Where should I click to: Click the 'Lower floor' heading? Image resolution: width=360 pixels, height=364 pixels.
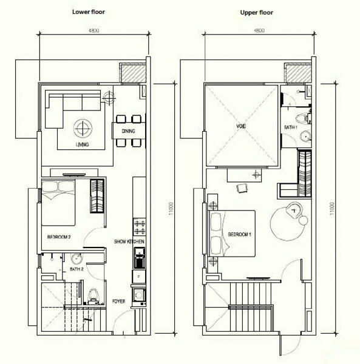88,12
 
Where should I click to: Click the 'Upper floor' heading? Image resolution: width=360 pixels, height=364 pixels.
256,12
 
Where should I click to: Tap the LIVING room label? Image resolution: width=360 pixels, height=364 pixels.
83,144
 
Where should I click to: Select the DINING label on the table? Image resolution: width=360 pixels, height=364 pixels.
129,131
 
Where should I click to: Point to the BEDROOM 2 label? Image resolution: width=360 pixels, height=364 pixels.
59,237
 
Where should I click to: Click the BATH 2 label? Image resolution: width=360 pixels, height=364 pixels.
76,269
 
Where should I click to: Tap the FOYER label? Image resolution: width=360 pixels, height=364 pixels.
118,302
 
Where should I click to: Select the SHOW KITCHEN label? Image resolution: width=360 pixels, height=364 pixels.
129,241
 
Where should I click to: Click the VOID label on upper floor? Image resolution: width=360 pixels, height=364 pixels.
241,126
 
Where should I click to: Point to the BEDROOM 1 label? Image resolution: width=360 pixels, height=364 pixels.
239,234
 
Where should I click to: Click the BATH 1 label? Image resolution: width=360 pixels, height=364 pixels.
291,127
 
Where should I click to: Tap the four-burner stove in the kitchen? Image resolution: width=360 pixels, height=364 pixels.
140,227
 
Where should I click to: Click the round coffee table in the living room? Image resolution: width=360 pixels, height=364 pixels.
83,128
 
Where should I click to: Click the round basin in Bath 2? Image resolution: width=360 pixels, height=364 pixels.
76,258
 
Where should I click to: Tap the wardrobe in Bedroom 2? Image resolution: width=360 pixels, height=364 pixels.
97,196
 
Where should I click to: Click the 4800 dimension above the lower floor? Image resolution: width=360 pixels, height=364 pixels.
94,30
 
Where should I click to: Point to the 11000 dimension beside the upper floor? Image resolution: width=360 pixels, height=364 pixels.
332,209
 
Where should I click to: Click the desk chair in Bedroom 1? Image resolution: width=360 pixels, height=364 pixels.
242,187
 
